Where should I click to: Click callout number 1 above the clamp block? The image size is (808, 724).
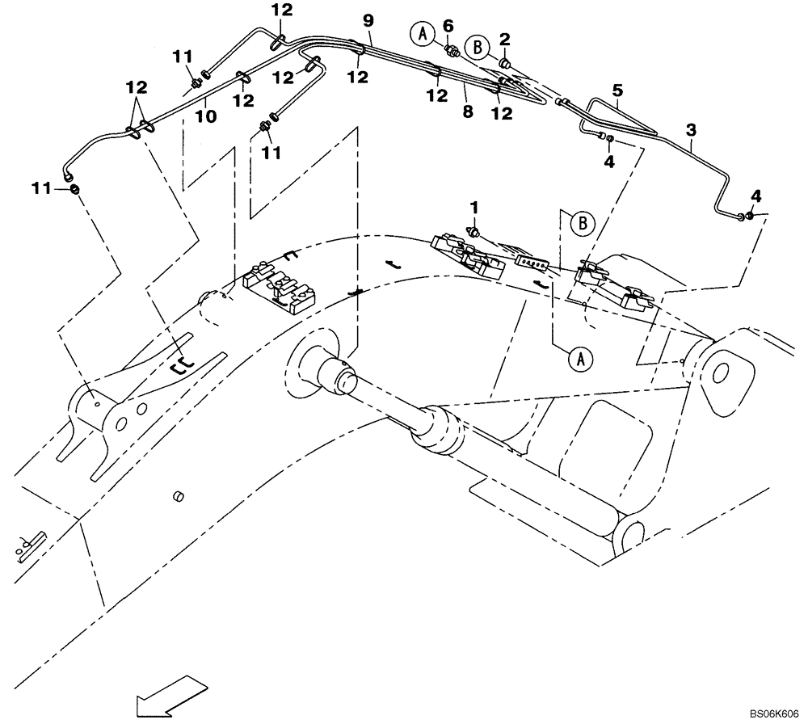[x=475, y=208]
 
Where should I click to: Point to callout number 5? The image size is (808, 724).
[x=618, y=91]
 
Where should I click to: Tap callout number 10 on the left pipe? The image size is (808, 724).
[x=206, y=116]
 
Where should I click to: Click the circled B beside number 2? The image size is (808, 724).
[x=478, y=48]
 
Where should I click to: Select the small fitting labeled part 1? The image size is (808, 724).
[x=475, y=233]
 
